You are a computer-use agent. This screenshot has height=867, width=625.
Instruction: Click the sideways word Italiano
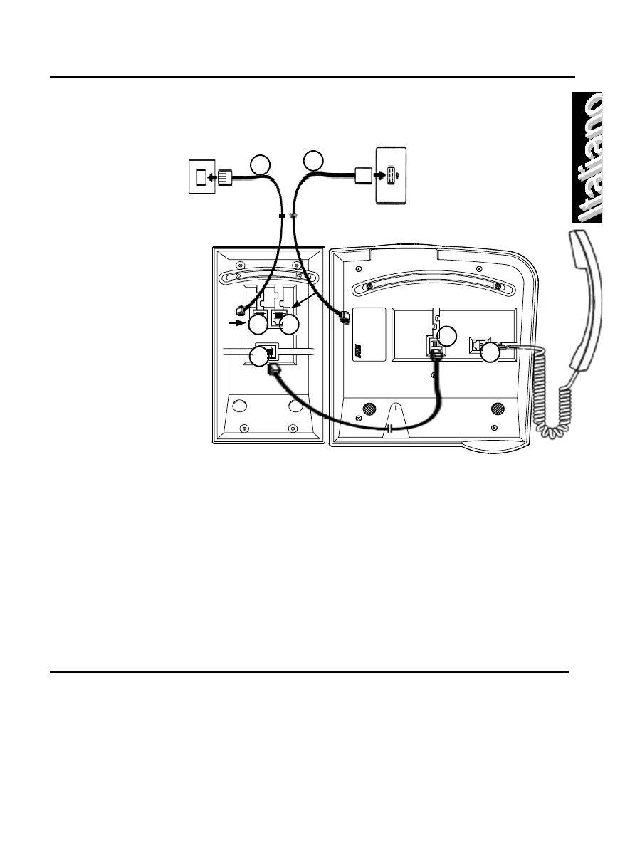point(591,158)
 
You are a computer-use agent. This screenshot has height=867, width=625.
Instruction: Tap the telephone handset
point(588,299)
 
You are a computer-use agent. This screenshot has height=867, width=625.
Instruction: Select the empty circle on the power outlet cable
point(313,161)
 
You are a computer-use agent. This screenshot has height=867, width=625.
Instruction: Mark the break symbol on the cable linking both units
point(391,430)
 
